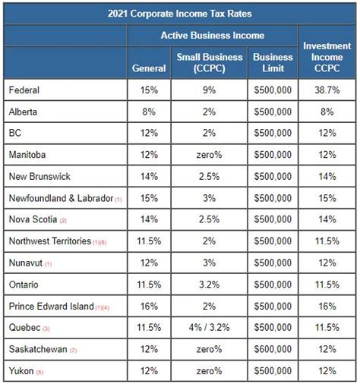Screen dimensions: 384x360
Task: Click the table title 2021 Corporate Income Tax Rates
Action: [x=179, y=12]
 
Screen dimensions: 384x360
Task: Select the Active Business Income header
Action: [x=212, y=35]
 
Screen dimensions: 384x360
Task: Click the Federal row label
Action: [x=24, y=90]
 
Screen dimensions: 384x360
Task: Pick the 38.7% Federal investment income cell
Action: [x=327, y=90]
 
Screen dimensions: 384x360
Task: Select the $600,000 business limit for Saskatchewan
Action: [x=273, y=350]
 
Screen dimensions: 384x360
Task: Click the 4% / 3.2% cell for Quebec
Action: [x=210, y=329]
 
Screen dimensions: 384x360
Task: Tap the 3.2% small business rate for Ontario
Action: [x=210, y=285]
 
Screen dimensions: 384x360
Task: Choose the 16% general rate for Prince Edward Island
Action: [x=149, y=307]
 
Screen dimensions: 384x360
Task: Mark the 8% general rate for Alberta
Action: [x=149, y=112]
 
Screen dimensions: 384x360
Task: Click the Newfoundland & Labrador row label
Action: [x=60, y=199]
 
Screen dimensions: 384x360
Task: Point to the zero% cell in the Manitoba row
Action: [x=210, y=155]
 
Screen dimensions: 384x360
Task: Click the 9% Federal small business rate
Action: [x=210, y=90]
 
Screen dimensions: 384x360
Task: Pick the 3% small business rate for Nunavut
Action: [x=210, y=263]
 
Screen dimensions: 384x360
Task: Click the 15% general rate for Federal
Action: [x=149, y=90]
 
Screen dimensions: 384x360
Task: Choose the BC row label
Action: [x=16, y=134]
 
